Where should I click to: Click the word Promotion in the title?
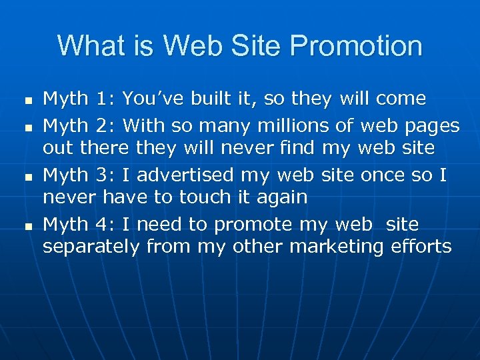click(x=356, y=47)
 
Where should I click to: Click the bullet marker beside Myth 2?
click(x=27, y=127)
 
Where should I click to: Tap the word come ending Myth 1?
click(x=401, y=99)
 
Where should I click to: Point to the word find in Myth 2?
click(x=297, y=148)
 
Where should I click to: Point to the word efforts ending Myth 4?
click(x=421, y=247)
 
